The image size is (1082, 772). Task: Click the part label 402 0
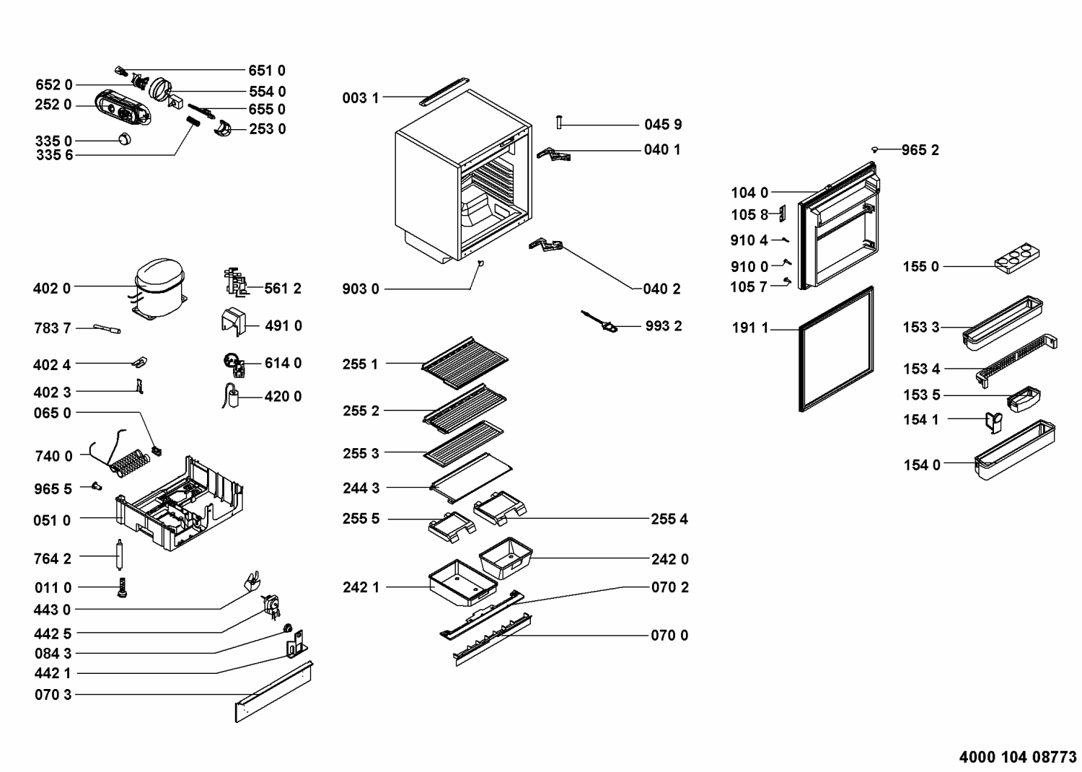point(52,289)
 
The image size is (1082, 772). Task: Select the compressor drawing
point(159,289)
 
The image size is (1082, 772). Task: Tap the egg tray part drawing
point(1017,258)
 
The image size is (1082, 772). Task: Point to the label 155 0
point(920,266)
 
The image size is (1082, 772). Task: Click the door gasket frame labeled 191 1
point(837,348)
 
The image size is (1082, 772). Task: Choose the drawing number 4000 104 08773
point(1018,757)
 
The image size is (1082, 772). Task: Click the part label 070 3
point(53,695)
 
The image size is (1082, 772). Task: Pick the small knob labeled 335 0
point(125,139)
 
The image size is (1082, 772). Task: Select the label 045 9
point(663,125)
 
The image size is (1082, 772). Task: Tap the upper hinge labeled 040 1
point(553,154)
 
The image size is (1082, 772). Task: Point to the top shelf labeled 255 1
point(465,363)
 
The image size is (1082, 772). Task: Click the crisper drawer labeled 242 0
point(506,558)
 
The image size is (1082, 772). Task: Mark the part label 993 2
point(664,326)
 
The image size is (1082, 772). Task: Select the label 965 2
point(920,150)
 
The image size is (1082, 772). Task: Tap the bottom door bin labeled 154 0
point(1014,449)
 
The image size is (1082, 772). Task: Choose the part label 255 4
point(669,519)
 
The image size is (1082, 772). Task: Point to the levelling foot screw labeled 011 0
point(122,587)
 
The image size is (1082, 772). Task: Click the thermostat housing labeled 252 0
point(122,107)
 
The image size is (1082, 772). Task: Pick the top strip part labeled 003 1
point(444,91)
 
